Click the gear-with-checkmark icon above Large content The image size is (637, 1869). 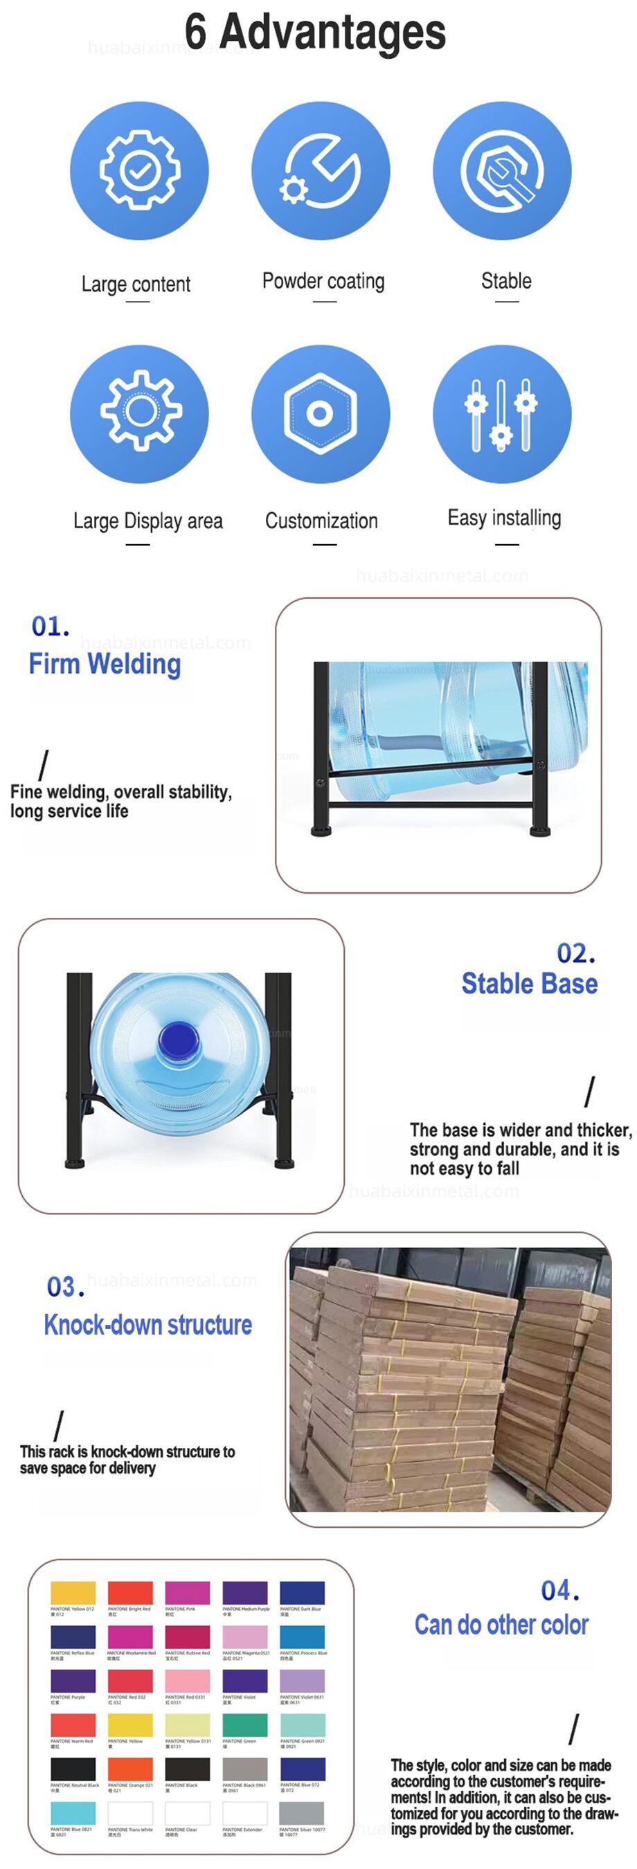(x=138, y=170)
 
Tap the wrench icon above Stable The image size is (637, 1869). (x=502, y=170)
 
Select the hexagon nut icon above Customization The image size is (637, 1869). (x=320, y=413)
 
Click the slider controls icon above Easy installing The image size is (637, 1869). (x=502, y=413)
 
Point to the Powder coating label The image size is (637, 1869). (x=323, y=281)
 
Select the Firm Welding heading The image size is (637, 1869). (x=105, y=664)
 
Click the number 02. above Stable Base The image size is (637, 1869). (x=575, y=952)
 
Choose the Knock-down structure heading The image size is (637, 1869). (x=148, y=1324)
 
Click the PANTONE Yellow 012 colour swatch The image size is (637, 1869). (x=73, y=1593)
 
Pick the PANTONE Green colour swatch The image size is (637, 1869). (x=244, y=1724)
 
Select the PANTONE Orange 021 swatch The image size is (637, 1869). (x=130, y=1768)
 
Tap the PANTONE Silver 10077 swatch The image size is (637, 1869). (x=302, y=1813)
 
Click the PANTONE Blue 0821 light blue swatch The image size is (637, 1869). (x=73, y=1813)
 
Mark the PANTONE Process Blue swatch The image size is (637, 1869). (x=302, y=1637)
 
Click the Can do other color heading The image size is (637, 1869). (x=501, y=1625)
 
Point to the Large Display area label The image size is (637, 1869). (x=148, y=521)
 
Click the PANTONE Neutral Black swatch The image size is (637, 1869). (x=73, y=1768)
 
